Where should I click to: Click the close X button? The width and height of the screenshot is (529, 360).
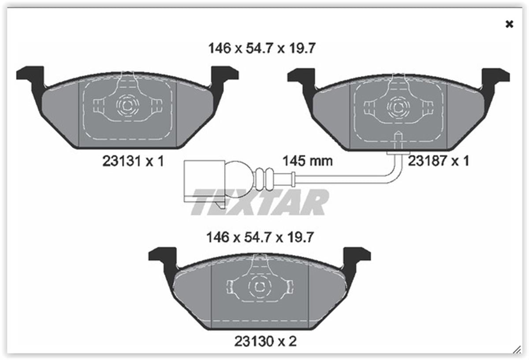click(509, 24)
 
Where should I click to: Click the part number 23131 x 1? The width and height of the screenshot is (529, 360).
click(133, 161)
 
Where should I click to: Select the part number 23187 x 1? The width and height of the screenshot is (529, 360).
click(439, 161)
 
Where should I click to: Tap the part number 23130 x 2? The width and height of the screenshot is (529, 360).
click(265, 341)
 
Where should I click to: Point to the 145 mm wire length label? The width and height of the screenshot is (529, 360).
click(308, 161)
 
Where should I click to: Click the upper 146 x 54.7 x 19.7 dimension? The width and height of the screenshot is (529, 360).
click(262, 48)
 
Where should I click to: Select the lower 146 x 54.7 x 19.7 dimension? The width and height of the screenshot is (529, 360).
click(260, 237)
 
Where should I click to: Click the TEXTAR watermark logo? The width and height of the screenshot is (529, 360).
click(260, 202)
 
